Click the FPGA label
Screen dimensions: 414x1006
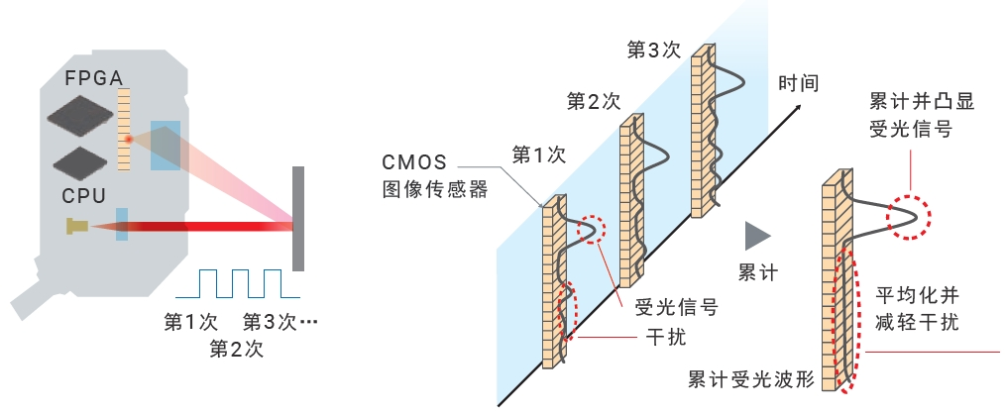93,77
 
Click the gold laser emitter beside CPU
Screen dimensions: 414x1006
76,227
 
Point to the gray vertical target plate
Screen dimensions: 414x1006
297,218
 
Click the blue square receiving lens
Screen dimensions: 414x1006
166,145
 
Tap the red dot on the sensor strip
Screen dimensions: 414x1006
127,141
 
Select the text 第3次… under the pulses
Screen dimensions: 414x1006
279,322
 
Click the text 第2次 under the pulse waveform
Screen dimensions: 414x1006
236,348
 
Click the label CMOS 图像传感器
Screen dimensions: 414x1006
435,175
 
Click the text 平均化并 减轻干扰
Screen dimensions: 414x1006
919,308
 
